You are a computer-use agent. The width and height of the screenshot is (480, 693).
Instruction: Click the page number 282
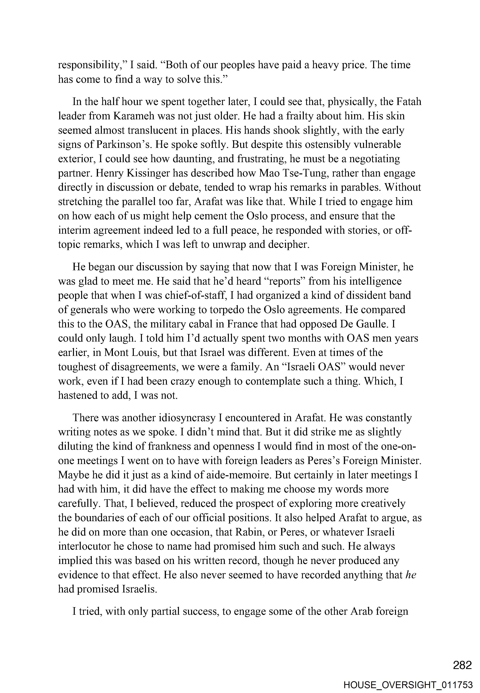pyautogui.click(x=462, y=665)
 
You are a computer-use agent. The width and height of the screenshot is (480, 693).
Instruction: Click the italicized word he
pyautogui.click(x=410, y=575)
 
